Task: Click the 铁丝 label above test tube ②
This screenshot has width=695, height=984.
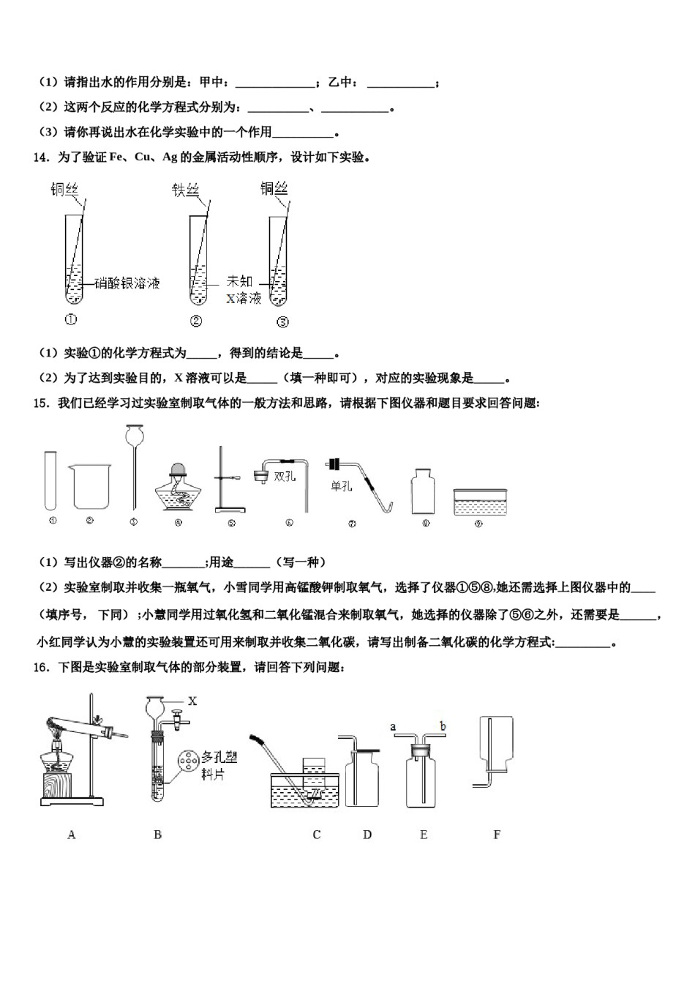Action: pos(186,190)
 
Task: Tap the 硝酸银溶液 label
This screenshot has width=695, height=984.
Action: pos(127,283)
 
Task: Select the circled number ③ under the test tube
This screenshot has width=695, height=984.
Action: pos(282,321)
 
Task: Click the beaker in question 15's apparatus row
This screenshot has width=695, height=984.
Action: pos(91,485)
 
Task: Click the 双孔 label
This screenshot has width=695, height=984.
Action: pos(285,476)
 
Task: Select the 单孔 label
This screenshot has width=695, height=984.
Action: pos(342,485)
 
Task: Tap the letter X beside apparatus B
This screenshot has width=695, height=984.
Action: pos(192,701)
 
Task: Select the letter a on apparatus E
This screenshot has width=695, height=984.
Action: pos(393,726)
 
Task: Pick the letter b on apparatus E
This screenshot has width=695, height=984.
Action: pos(443,726)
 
